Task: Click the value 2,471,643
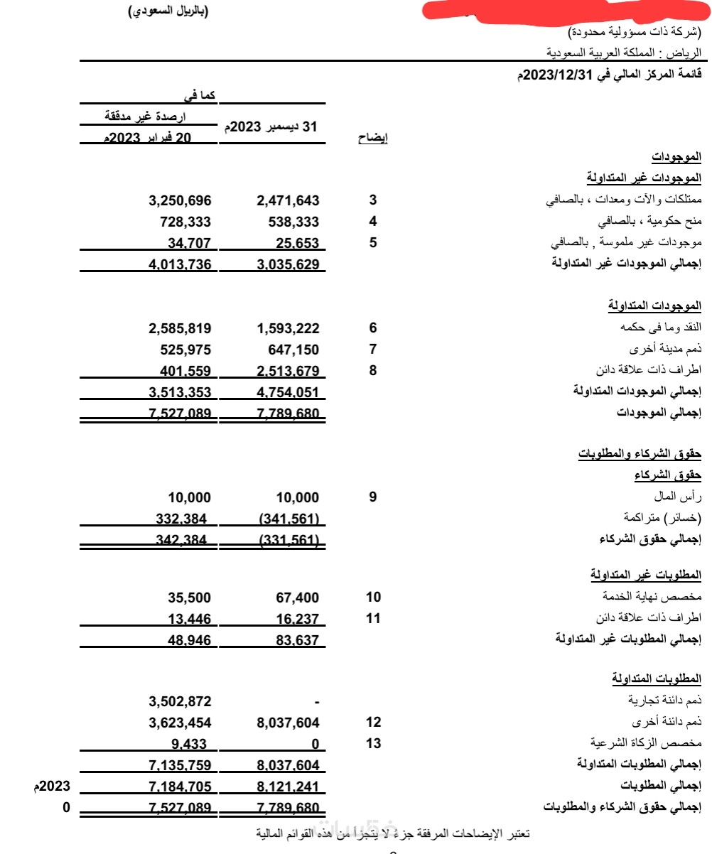point(288,200)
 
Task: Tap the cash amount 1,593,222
point(288,328)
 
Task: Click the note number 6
point(372,328)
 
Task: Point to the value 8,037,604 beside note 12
point(288,723)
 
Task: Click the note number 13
point(373,744)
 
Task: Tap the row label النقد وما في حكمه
point(661,328)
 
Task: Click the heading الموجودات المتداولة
point(654,306)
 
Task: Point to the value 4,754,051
point(288,391)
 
